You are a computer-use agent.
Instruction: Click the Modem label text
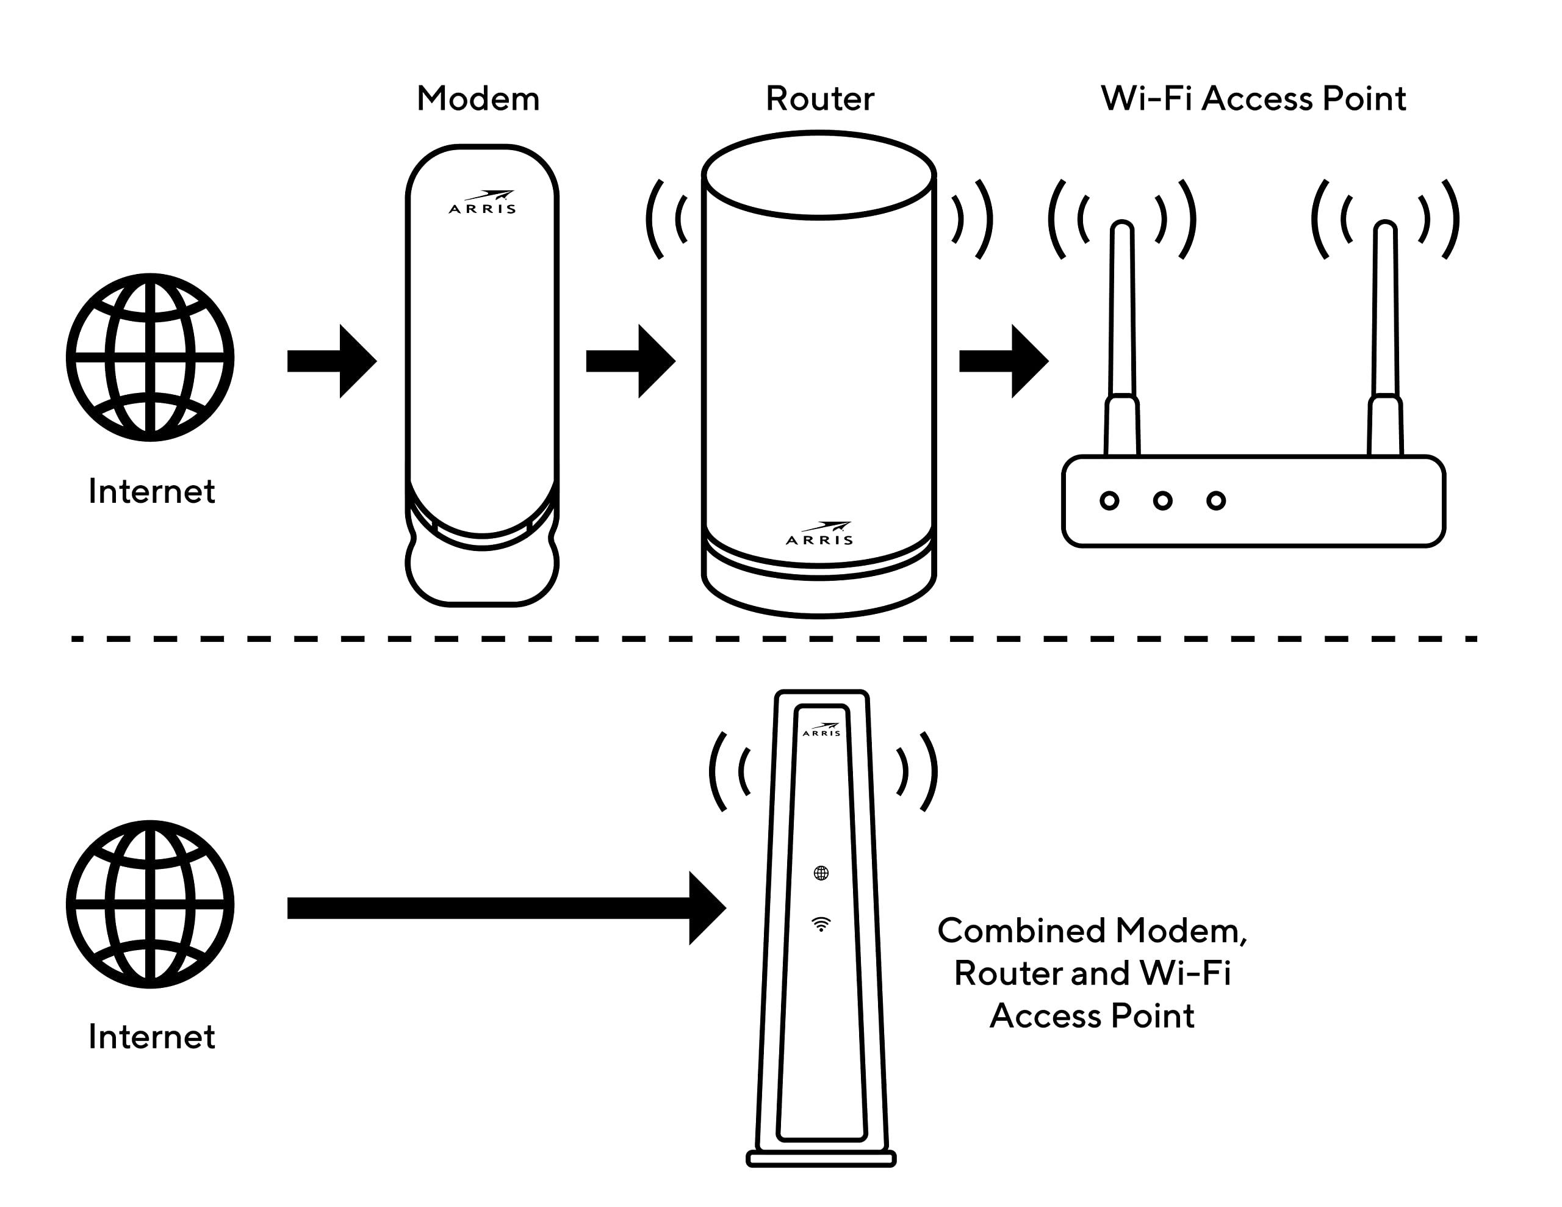[x=478, y=99]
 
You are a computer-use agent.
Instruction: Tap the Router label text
[x=819, y=99]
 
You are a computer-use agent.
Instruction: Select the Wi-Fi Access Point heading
[x=1253, y=99]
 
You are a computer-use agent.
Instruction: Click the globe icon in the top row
[x=150, y=357]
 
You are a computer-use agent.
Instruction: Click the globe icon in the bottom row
[x=150, y=904]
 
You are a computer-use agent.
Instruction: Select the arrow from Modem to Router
[x=630, y=361]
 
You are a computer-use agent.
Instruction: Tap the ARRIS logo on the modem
[x=483, y=203]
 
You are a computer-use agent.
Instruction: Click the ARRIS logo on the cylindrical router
[x=819, y=535]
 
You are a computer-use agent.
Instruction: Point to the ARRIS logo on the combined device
[x=822, y=730]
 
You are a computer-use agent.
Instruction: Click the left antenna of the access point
[x=1122, y=322]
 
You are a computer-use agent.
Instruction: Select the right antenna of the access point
[x=1385, y=322]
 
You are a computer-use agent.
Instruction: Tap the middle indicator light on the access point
[x=1163, y=501]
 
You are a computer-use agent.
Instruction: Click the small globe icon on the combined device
[x=821, y=873]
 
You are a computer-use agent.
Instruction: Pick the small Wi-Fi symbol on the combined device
[x=821, y=924]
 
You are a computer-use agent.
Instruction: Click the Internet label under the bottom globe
[x=151, y=1037]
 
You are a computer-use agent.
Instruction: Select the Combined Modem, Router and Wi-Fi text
[x=1092, y=973]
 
